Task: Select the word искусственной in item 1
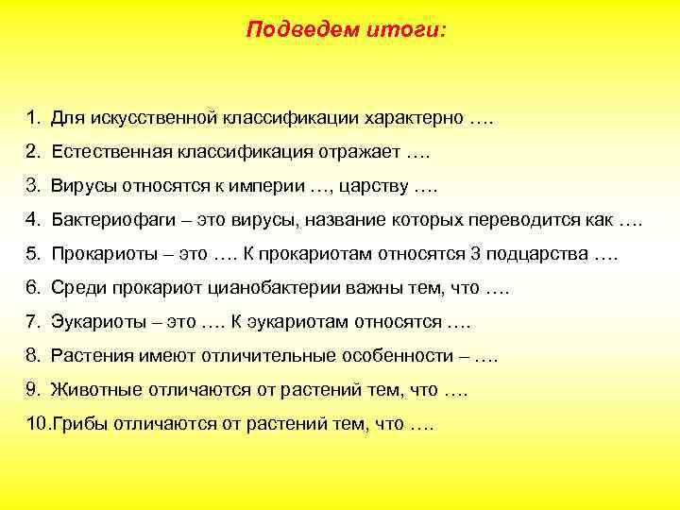(157, 119)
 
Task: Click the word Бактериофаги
(110, 221)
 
